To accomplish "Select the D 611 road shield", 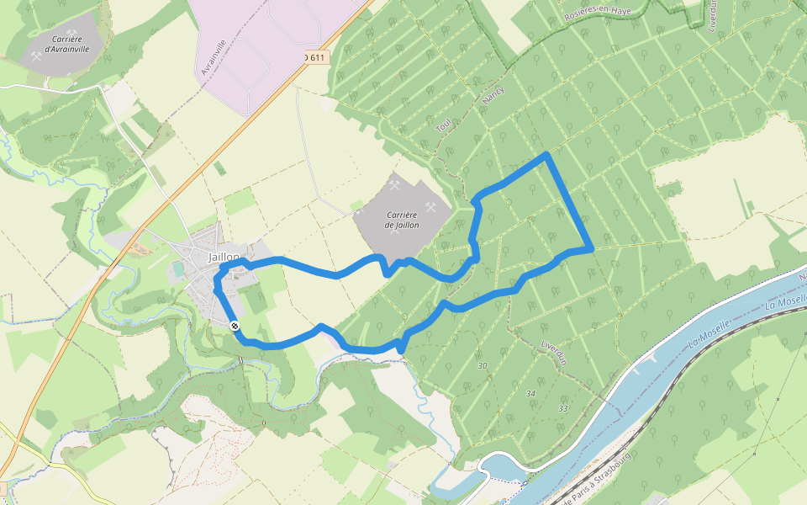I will [x=314, y=57].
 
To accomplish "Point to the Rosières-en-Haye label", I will [x=597, y=12].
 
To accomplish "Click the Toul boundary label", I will [x=444, y=125].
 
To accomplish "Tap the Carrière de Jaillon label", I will [x=401, y=220].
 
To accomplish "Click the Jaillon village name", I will [x=224, y=257].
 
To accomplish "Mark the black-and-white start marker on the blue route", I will [x=234, y=325].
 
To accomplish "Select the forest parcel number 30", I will [x=482, y=366].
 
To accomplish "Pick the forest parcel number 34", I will [x=530, y=393].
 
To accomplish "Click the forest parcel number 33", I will [x=562, y=408].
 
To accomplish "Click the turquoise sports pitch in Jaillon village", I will [x=178, y=268].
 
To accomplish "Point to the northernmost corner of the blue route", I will [x=547, y=154].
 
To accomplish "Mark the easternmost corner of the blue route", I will [x=592, y=249].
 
